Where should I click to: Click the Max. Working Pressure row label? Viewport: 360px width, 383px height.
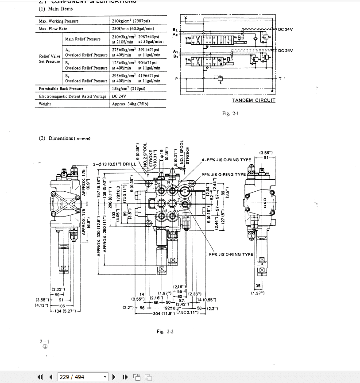pyautogui.click(x=58, y=21)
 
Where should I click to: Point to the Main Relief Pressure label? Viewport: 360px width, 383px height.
pyautogui.click(x=83, y=39)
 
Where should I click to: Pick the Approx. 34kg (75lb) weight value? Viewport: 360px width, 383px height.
pyautogui.click(x=130, y=104)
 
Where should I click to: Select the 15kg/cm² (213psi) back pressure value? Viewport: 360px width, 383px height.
pyautogui.click(x=128, y=89)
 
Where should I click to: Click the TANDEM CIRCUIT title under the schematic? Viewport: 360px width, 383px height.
pyautogui.click(x=253, y=101)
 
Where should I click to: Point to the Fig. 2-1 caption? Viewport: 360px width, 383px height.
pyautogui.click(x=230, y=114)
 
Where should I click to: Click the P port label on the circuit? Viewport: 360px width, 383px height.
pyautogui.click(x=176, y=79)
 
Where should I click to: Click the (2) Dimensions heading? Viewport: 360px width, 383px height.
pyautogui.click(x=65, y=139)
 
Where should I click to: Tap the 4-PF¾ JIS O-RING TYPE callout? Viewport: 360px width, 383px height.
pyautogui.click(x=226, y=160)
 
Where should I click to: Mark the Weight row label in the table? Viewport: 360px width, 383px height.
pyautogui.click(x=45, y=104)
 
